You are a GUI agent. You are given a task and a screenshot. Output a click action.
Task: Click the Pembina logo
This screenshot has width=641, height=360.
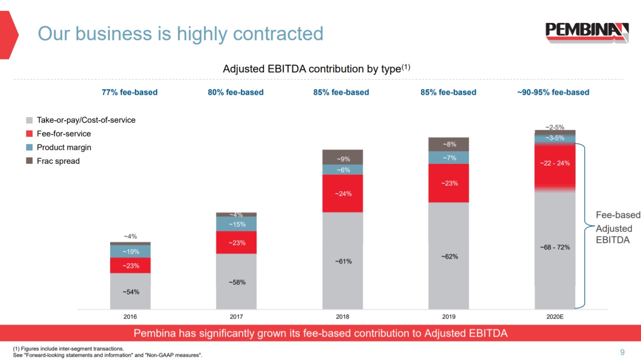click(x=586, y=32)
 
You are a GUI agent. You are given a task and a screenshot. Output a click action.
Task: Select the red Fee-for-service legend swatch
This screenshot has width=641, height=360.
click(x=29, y=134)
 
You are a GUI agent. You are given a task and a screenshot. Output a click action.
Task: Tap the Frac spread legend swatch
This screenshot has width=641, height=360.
click(x=29, y=161)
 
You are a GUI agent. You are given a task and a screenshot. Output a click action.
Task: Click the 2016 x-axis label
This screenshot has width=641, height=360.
click(x=130, y=317)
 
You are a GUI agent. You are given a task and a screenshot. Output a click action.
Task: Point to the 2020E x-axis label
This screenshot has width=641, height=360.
click(x=555, y=317)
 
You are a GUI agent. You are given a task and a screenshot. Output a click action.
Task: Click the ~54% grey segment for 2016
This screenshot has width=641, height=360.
click(x=130, y=292)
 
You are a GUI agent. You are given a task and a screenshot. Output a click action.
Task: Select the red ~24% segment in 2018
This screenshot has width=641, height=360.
click(x=343, y=193)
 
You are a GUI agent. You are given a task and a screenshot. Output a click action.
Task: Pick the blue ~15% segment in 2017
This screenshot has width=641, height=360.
click(x=236, y=224)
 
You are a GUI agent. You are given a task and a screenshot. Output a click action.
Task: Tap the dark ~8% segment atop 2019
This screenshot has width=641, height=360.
click(x=449, y=144)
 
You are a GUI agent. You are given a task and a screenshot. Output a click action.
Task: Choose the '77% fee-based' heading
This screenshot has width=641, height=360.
click(x=129, y=92)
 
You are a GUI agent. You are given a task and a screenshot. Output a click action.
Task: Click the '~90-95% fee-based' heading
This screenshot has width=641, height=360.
click(x=553, y=92)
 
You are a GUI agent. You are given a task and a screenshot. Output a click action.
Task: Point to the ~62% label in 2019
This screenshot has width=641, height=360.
click(x=449, y=256)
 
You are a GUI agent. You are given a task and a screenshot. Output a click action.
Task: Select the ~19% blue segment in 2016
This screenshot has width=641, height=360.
click(x=130, y=251)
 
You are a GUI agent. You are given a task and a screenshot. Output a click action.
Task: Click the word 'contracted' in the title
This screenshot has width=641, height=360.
click(x=278, y=34)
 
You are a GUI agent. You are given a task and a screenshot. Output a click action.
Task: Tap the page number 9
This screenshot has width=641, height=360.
click(x=622, y=352)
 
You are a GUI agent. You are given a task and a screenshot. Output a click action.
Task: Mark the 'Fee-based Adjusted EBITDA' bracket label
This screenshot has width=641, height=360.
click(x=613, y=228)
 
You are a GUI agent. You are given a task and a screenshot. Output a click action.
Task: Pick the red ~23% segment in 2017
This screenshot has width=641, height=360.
click(x=236, y=243)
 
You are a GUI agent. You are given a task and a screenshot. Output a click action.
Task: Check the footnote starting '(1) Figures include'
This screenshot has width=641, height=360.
click(x=68, y=349)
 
